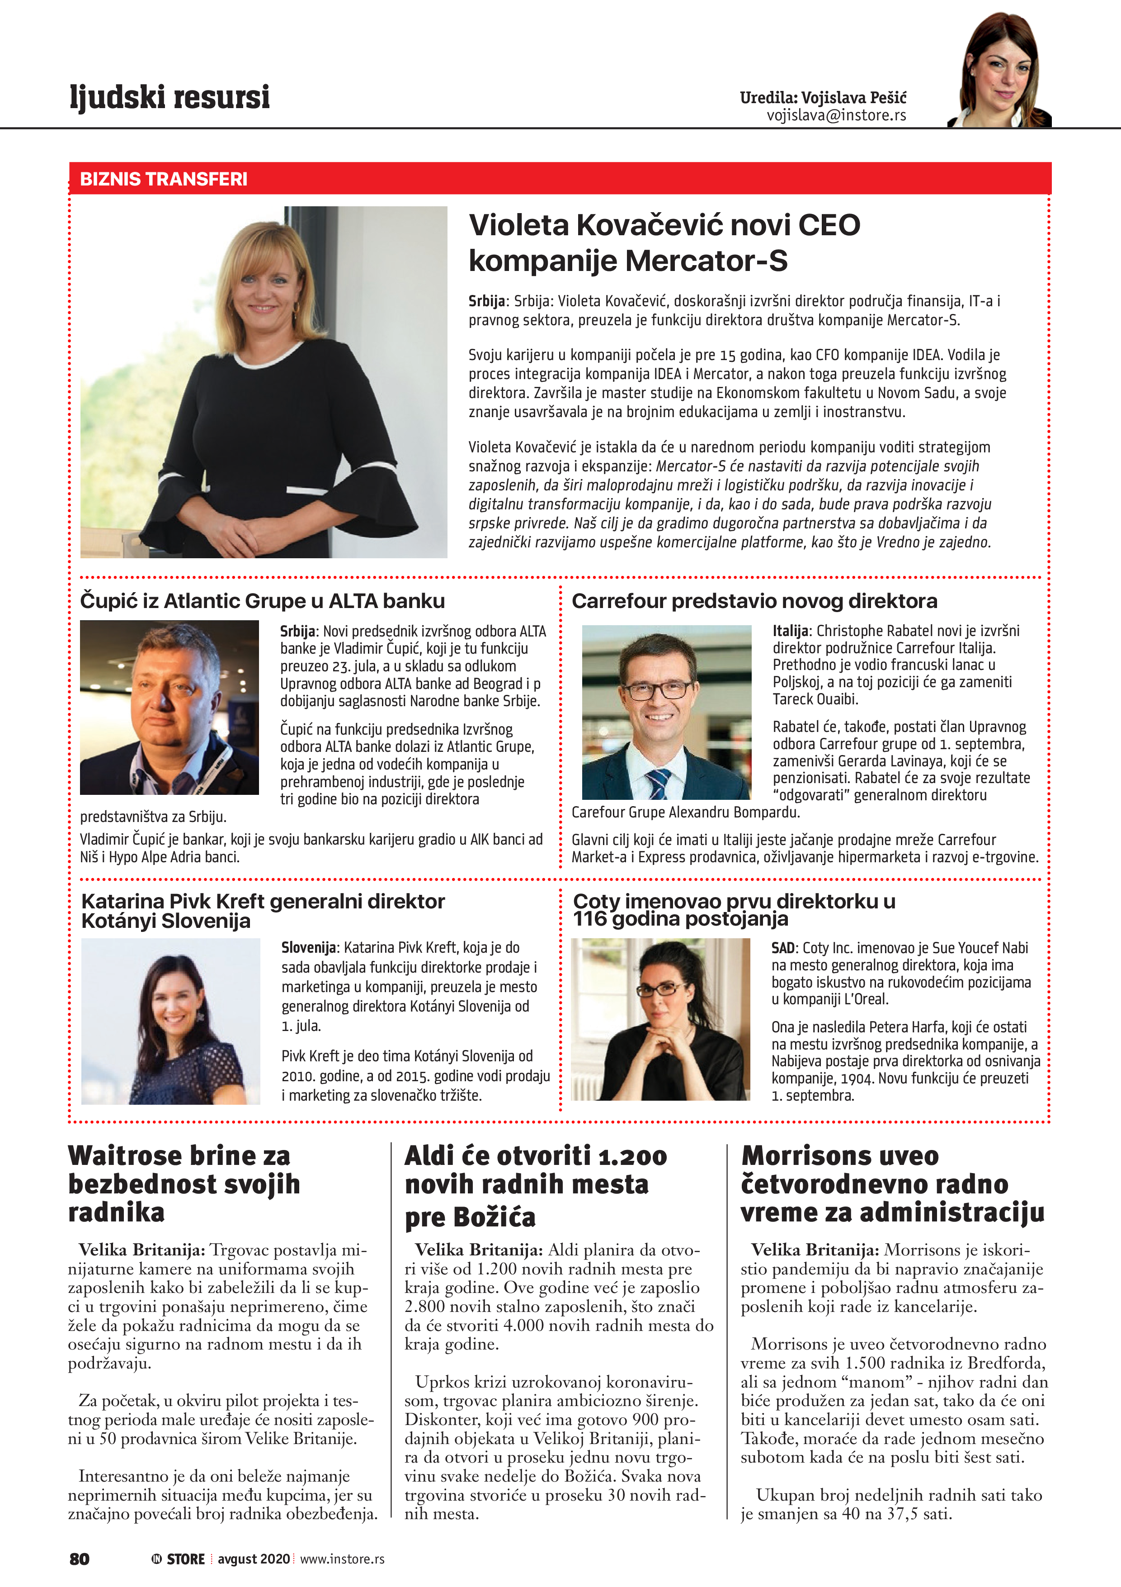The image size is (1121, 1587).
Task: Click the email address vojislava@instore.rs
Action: coord(836,115)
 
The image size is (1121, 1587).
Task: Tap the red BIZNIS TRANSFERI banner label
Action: coord(164,179)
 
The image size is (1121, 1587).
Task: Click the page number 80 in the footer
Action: coord(80,1558)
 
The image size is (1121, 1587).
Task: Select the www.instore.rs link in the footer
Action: coord(342,1558)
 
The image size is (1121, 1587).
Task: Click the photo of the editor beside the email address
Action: coord(1000,71)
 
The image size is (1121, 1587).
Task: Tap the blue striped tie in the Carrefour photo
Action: coord(658,783)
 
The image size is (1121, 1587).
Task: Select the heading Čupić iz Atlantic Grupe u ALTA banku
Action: coord(263,601)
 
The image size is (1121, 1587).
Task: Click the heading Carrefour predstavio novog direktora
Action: coord(754,601)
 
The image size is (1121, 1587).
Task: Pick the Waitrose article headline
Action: coord(184,1184)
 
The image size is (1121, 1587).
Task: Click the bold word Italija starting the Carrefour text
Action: coord(790,630)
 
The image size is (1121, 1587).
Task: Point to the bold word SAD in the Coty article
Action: coord(784,948)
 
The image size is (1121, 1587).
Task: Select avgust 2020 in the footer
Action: coord(254,1558)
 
